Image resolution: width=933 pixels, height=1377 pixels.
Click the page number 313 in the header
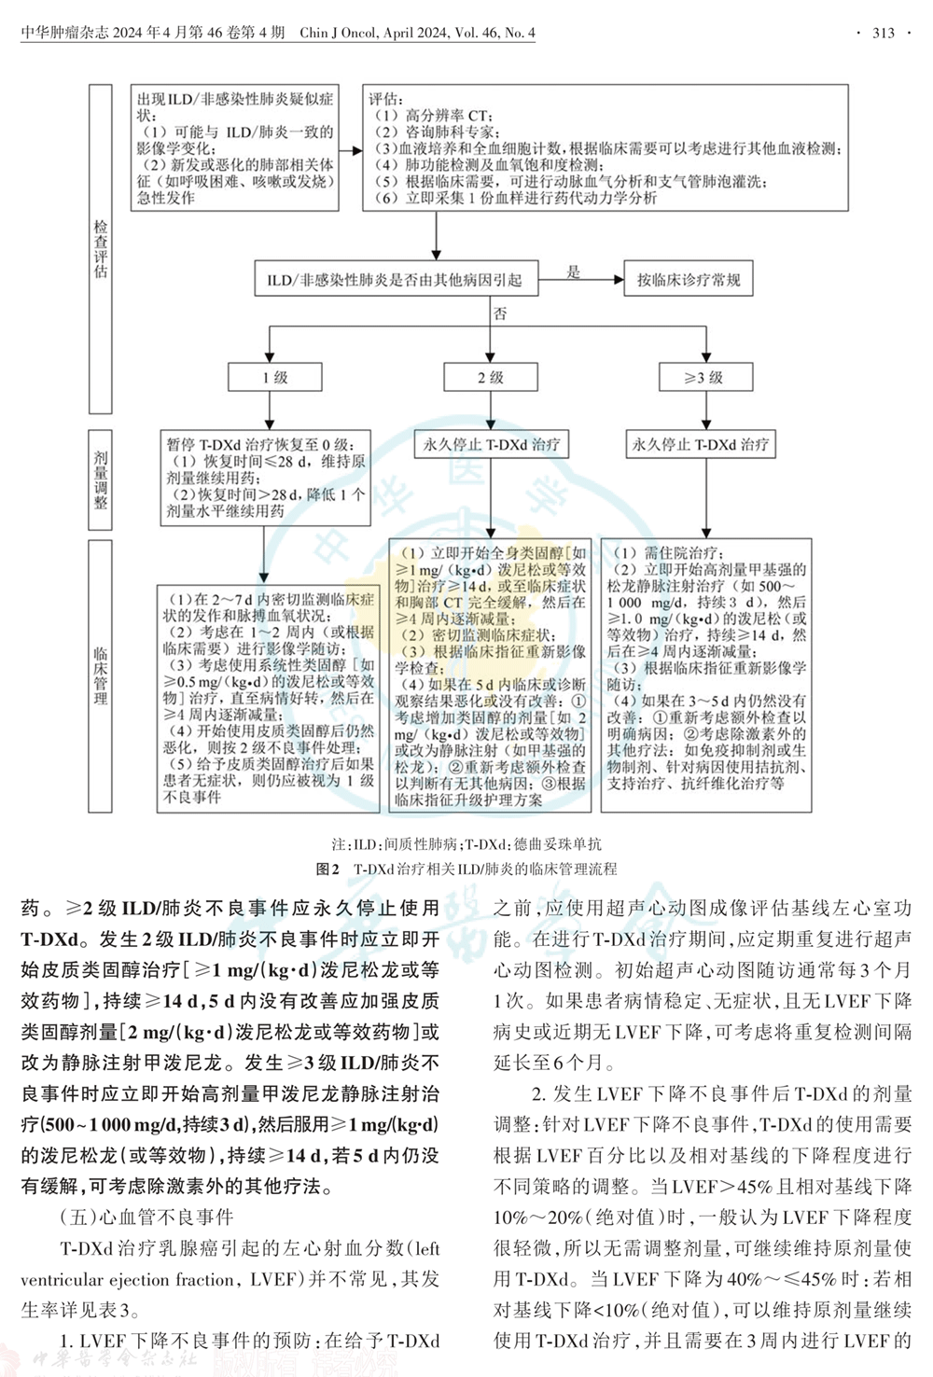click(x=883, y=34)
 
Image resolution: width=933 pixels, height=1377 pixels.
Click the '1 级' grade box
click(x=274, y=377)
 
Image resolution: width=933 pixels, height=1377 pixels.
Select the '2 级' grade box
click(x=491, y=377)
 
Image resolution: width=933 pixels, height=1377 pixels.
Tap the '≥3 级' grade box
click(x=704, y=377)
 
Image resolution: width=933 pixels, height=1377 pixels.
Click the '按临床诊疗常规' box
click(x=689, y=280)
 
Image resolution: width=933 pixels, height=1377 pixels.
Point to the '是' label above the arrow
click(x=574, y=271)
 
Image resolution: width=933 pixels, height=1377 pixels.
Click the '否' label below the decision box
click(x=500, y=314)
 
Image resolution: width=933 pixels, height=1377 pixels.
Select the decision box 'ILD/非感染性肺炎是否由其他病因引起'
click(x=395, y=280)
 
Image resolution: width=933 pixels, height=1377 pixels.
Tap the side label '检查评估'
click(x=101, y=248)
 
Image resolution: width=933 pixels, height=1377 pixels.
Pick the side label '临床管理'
click(x=101, y=675)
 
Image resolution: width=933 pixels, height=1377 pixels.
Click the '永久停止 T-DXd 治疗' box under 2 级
click(x=491, y=444)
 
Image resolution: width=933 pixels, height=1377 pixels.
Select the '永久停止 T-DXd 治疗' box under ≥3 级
click(x=701, y=444)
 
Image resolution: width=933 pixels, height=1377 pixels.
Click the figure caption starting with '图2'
click(x=466, y=869)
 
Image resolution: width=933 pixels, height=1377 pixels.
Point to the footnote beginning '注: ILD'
click(x=466, y=844)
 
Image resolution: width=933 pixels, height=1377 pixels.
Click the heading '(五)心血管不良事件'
click(x=146, y=1217)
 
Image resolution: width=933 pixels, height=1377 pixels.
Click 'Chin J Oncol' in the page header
click(x=339, y=34)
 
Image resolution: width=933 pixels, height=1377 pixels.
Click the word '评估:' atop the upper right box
click(x=386, y=99)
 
